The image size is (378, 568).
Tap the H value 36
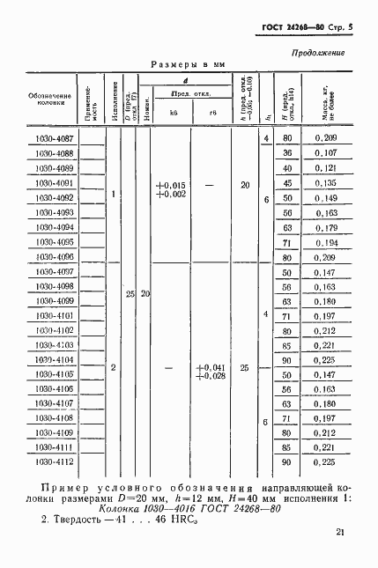(286, 153)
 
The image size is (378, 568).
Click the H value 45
(286, 183)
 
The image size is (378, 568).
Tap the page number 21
(341, 532)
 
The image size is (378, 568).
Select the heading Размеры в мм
(189, 65)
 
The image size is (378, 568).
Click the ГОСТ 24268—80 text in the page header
(289, 29)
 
